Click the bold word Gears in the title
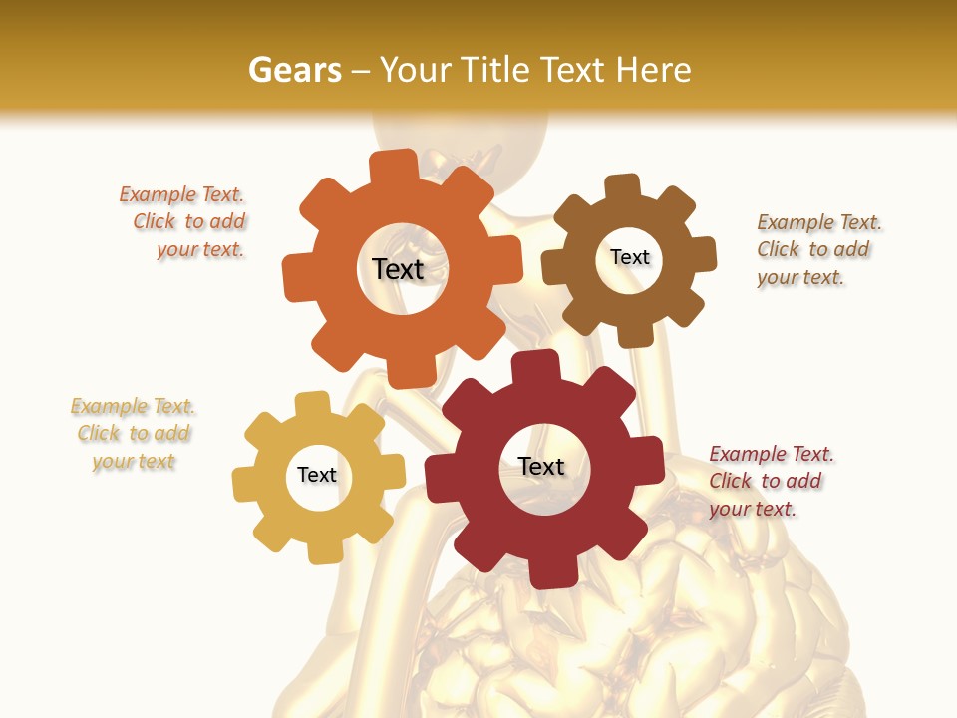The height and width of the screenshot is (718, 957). [x=294, y=70]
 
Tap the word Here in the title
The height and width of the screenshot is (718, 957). [x=653, y=70]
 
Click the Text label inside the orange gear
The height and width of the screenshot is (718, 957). [x=398, y=269]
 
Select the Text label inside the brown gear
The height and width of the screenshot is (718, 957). [x=629, y=257]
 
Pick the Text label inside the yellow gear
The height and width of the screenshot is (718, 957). [x=317, y=475]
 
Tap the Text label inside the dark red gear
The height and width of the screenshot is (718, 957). [x=541, y=467]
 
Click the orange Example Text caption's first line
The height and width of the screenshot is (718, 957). [x=181, y=194]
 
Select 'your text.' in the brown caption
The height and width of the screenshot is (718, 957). [x=799, y=277]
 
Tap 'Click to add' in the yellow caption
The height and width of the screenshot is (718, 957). [x=134, y=433]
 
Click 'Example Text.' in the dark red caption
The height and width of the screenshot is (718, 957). [x=772, y=454]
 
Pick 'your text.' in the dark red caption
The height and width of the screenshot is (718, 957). [x=753, y=509]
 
